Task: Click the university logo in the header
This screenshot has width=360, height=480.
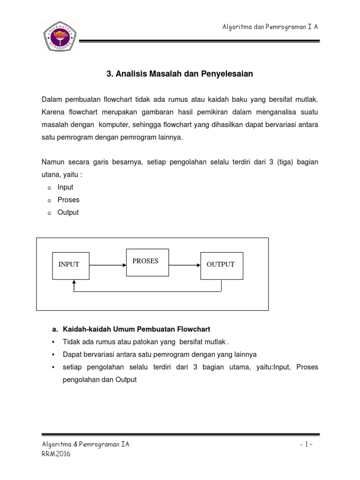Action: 60,36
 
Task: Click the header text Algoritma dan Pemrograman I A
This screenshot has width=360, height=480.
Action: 270,27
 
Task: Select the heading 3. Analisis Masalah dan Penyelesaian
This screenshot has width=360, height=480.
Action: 180,74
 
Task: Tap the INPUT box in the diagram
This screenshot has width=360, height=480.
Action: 69,265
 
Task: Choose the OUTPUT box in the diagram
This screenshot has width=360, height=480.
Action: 221,265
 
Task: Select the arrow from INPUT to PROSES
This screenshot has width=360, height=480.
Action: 107,265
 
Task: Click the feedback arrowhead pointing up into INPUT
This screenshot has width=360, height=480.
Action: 74,283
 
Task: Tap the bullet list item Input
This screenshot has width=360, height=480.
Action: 65,187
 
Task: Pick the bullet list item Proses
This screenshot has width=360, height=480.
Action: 68,200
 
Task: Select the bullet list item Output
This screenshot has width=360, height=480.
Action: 68,212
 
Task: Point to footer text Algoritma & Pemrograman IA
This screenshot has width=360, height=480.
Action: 85,445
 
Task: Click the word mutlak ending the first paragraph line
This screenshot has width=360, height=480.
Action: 307,100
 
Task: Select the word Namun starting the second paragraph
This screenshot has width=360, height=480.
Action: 53,162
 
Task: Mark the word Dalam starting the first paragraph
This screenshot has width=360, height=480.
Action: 52,100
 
